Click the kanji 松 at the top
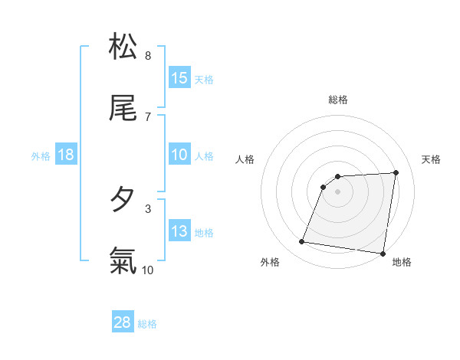123,47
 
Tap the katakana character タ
123,200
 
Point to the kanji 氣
123,261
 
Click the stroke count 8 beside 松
148,55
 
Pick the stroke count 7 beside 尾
148,116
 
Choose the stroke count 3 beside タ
148,208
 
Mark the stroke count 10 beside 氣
148,270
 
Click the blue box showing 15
179,78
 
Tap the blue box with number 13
179,231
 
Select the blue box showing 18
66,155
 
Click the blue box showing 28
123,322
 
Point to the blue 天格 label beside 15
204,79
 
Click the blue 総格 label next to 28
147,323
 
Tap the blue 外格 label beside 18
41,155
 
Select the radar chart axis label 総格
338,100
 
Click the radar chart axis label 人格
245,159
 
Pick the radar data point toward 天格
396,172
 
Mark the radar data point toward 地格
382,254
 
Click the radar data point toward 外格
302,242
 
